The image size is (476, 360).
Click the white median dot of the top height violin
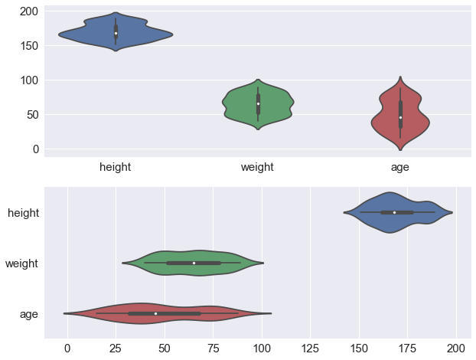(116, 33)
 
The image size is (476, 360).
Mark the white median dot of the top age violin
(400, 117)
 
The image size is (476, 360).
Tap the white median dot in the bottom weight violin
(194, 263)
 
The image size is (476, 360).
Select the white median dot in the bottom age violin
(155, 313)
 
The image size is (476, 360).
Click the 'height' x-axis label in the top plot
(116, 167)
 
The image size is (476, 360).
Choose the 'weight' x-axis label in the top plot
(258, 167)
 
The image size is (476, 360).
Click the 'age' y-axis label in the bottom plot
(29, 314)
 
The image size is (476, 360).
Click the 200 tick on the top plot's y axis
(29, 11)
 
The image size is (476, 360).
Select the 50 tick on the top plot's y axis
(32, 115)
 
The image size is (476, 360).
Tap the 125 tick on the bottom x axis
(310, 348)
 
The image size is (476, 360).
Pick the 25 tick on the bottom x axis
(116, 348)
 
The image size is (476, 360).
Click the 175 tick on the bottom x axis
(408, 348)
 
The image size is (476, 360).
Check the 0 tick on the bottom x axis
(68, 348)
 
